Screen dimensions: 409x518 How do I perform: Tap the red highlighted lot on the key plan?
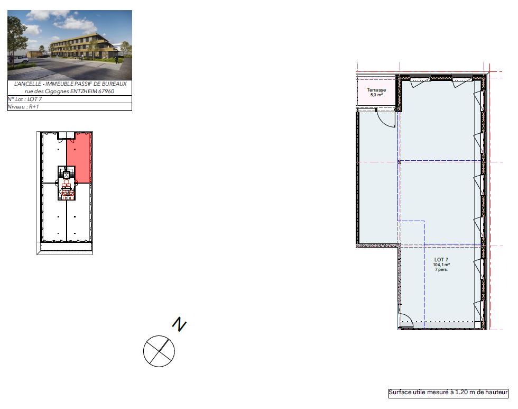pos(79,158)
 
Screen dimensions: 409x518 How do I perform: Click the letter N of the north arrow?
pos(180,324)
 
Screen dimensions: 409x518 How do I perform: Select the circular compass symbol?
pos(159,350)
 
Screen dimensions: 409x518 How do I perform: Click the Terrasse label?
pos(376,90)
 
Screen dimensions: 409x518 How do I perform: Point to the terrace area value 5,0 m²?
pos(376,95)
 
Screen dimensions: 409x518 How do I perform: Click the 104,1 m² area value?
pos(441,265)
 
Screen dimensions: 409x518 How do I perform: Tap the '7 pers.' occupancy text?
pos(441,270)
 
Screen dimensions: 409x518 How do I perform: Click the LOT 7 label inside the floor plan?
pos(441,259)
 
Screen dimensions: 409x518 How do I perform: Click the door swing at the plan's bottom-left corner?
pos(405,320)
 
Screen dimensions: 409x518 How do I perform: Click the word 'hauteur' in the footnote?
pos(496,393)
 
